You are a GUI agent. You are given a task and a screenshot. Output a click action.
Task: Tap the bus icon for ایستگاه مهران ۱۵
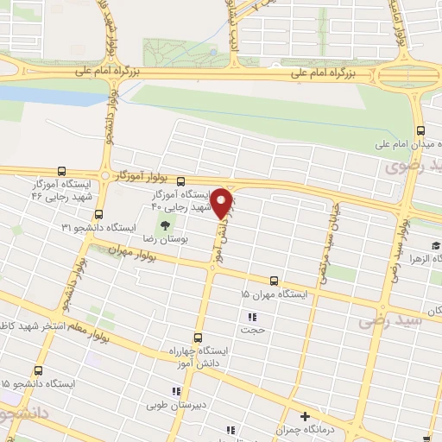pyautogui.click(x=274, y=281)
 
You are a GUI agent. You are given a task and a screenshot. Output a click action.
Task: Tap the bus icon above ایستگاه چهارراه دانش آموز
pyautogui.click(x=198, y=338)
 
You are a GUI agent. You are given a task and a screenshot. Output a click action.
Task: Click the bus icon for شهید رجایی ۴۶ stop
pyautogui.click(x=60, y=172)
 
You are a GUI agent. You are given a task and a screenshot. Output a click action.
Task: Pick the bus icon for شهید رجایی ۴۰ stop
pyautogui.click(x=180, y=181)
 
